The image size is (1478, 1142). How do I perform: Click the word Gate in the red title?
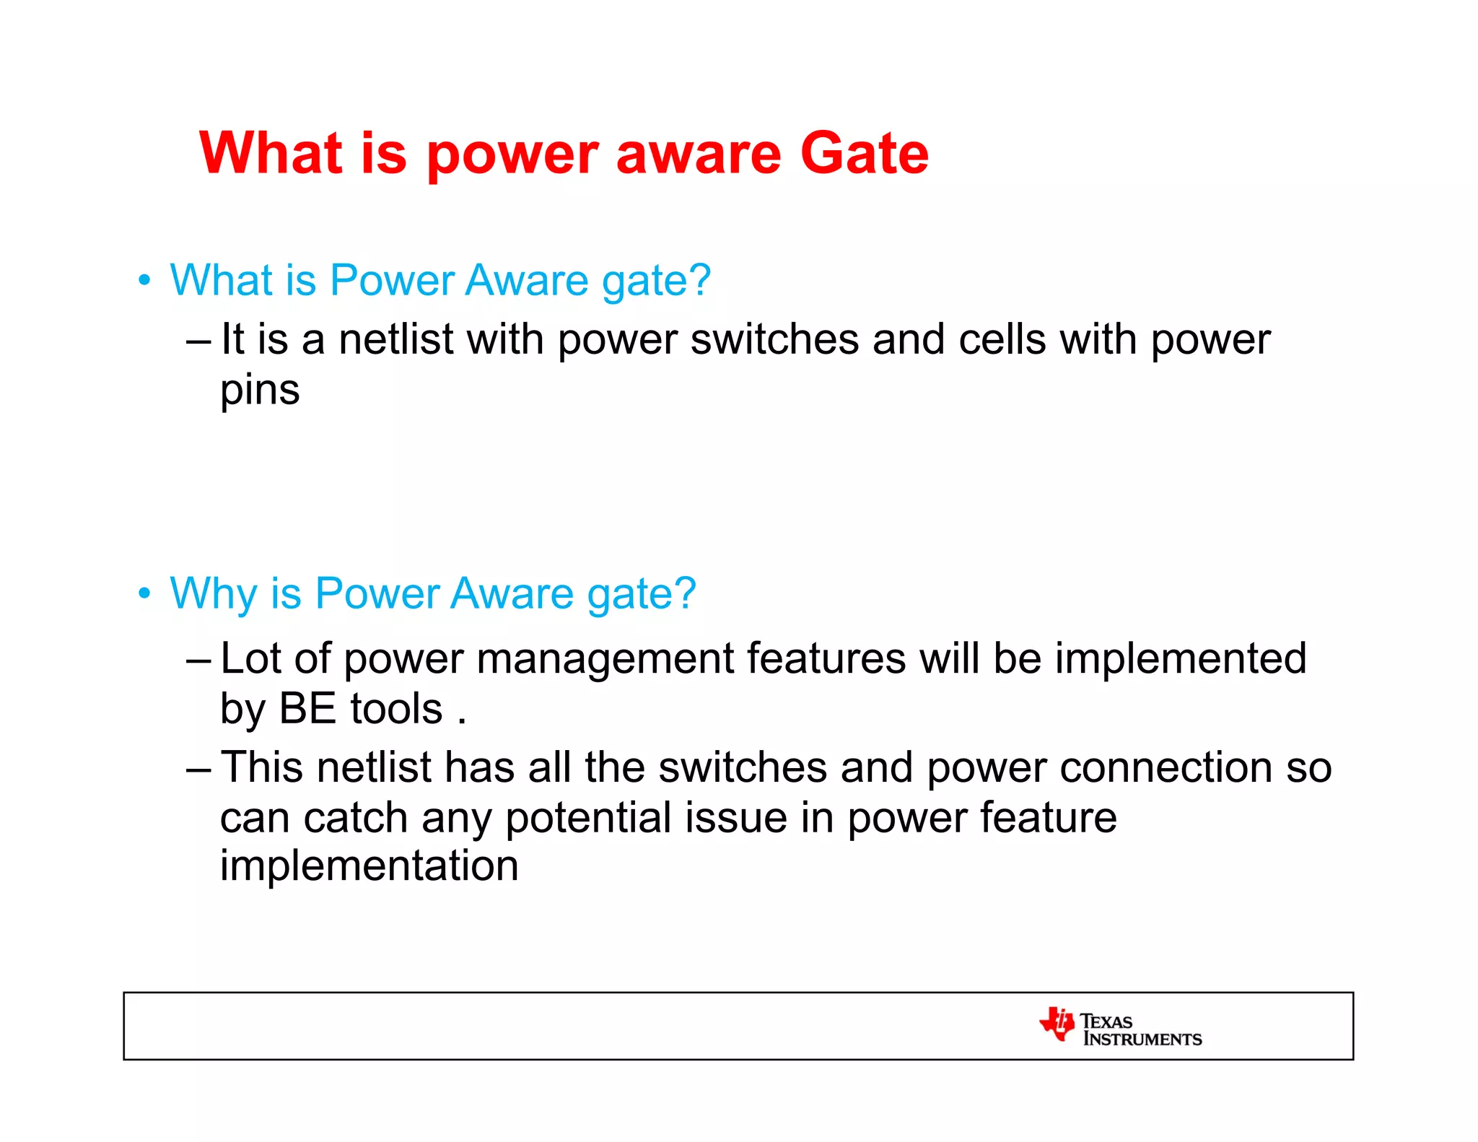click(864, 154)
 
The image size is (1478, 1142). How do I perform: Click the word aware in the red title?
click(698, 155)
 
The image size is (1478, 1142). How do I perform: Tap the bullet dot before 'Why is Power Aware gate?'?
click(145, 593)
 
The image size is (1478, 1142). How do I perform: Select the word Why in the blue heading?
click(213, 593)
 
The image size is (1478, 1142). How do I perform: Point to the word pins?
click(260, 391)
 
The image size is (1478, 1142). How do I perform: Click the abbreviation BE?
click(307, 709)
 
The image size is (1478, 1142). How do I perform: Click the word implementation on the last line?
click(369, 866)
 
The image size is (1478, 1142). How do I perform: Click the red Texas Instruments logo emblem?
click(1057, 1024)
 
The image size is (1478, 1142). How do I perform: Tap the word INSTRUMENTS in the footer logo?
click(1142, 1039)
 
